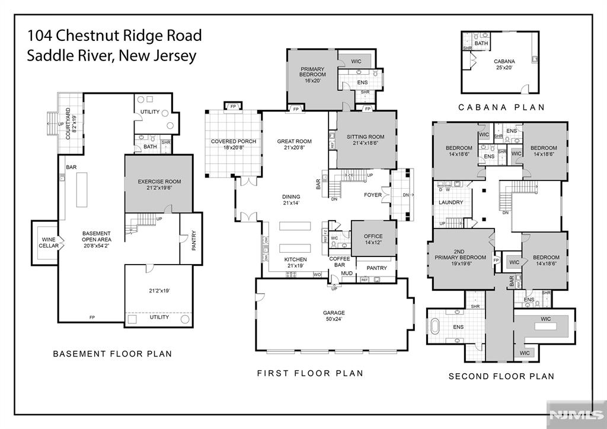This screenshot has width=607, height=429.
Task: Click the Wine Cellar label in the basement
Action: [49, 241]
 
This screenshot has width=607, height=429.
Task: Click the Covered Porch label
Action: [234, 145]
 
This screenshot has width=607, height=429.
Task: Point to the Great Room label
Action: [294, 145]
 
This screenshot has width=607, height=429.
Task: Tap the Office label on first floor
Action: [373, 240]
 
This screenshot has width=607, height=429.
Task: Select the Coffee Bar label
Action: [340, 261]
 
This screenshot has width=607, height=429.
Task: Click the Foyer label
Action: [372, 195]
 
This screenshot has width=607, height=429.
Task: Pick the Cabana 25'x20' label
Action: [504, 64]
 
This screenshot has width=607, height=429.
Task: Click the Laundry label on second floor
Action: [450, 202]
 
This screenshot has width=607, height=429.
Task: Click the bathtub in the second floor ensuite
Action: [437, 328]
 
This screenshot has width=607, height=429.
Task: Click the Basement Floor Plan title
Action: [112, 354]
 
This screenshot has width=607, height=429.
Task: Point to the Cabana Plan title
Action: [501, 107]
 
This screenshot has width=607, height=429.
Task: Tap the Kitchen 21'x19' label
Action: [295, 263]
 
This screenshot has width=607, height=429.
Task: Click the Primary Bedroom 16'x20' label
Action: [312, 75]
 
